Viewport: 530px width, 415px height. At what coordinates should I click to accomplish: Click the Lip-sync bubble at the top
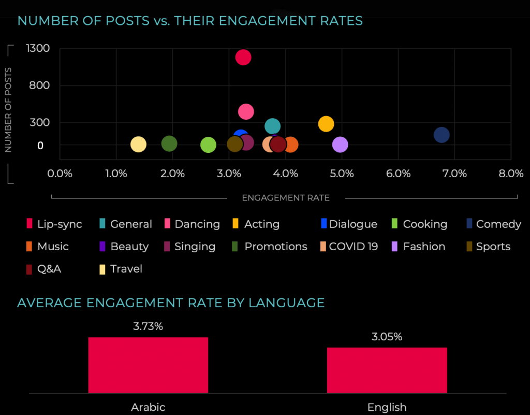coord(243,57)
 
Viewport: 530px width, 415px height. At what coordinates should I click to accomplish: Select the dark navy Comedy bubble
coord(441,135)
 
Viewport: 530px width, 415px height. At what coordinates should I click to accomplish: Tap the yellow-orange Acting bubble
coord(326,124)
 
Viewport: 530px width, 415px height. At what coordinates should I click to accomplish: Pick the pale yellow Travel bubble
coord(138,145)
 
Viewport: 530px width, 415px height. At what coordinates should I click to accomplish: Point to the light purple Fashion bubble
coord(340,145)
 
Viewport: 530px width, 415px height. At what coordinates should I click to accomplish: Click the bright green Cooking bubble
coord(208,145)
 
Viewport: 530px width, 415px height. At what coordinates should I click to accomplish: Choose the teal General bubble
coord(273,126)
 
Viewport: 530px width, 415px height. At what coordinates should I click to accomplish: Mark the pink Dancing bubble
coord(246,111)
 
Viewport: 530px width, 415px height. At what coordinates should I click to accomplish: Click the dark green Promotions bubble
coord(169,144)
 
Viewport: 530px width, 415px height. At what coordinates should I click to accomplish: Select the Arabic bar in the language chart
coord(148,365)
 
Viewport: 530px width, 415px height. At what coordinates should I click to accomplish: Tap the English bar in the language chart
coord(387,370)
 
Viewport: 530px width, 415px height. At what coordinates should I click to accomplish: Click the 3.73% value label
coord(148,326)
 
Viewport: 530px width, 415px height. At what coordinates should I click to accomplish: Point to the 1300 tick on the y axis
coord(37,48)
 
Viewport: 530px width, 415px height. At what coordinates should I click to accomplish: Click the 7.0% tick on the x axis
coord(455,174)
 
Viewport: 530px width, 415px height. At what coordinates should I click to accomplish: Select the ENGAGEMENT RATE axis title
coord(286,197)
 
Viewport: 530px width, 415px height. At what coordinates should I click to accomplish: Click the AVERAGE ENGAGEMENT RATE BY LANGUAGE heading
coord(171,303)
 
